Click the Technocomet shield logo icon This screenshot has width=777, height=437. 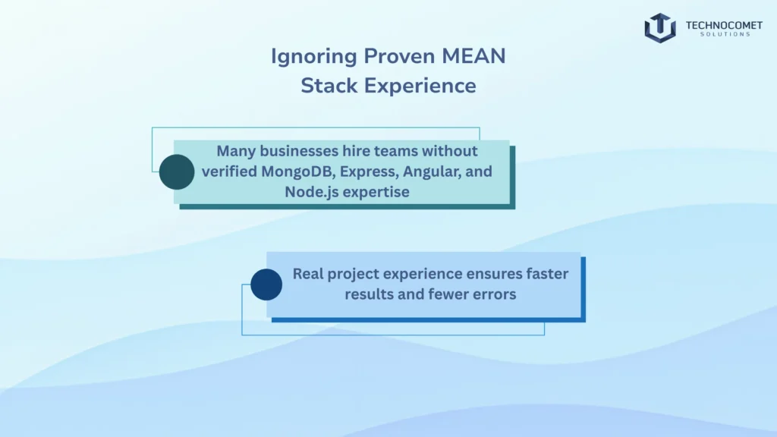click(659, 28)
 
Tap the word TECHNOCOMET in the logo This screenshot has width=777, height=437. click(718, 25)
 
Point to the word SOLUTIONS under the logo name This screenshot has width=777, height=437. click(718, 35)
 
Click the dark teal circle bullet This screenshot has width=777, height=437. click(177, 171)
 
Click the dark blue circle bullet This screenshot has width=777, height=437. click(266, 285)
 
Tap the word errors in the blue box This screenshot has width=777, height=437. click(495, 294)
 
